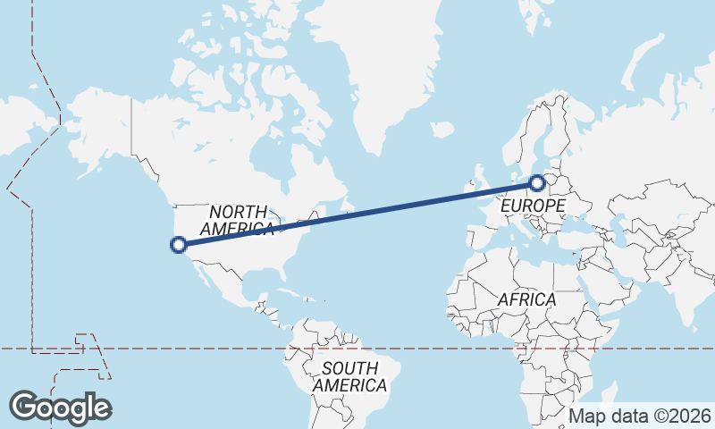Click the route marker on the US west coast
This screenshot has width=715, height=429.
click(178, 243)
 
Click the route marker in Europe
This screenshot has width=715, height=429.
click(536, 183)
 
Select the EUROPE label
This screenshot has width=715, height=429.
click(533, 206)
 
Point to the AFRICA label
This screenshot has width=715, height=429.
click(526, 299)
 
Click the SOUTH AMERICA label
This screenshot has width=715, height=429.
click(350, 376)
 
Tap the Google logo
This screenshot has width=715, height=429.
click(60, 408)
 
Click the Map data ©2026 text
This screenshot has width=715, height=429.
click(640, 416)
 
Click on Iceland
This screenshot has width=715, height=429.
click(442, 130)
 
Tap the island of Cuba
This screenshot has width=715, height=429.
click(282, 292)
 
